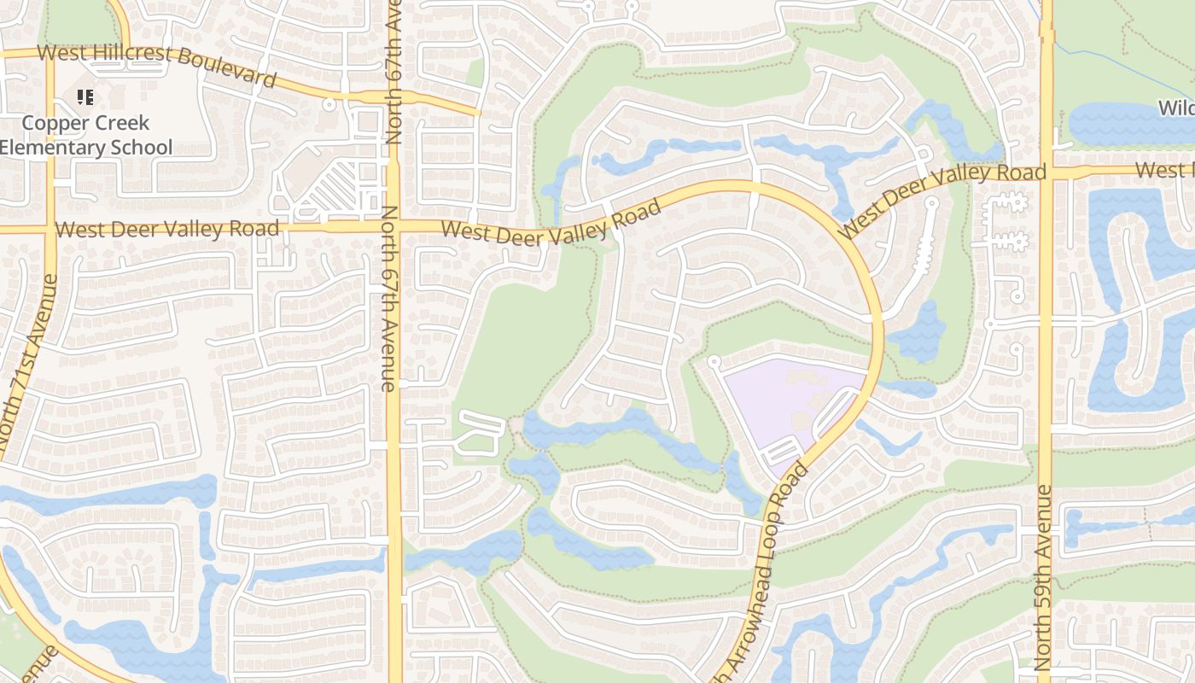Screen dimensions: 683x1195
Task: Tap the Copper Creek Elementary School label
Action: pyautogui.click(x=85, y=135)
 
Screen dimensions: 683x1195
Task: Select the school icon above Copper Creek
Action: pyautogui.click(x=85, y=97)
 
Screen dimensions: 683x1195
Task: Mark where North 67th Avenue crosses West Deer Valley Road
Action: pyautogui.click(x=393, y=226)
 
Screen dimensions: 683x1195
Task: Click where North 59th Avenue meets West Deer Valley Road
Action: pyautogui.click(x=1046, y=172)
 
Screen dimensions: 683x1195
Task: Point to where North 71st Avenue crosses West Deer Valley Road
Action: pyautogui.click(x=50, y=229)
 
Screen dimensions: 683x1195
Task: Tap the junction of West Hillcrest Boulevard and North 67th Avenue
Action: pyautogui.click(x=393, y=96)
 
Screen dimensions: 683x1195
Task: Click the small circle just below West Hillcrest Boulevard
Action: pyautogui.click(x=329, y=104)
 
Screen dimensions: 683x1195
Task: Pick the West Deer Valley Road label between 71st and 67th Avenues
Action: pyautogui.click(x=167, y=229)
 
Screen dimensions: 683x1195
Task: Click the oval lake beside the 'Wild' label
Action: pyautogui.click(x=1127, y=125)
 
